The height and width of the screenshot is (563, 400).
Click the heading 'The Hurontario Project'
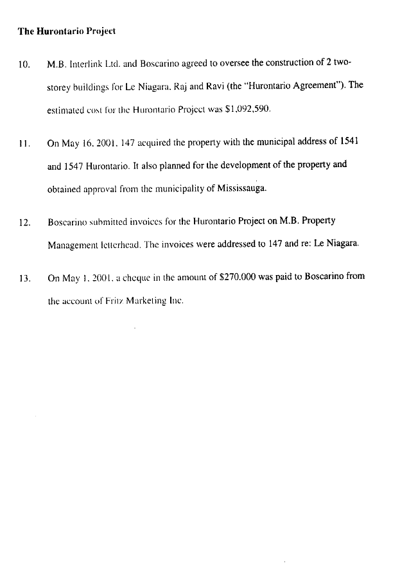[66, 30]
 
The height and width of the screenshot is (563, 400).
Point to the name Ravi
[230, 87]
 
